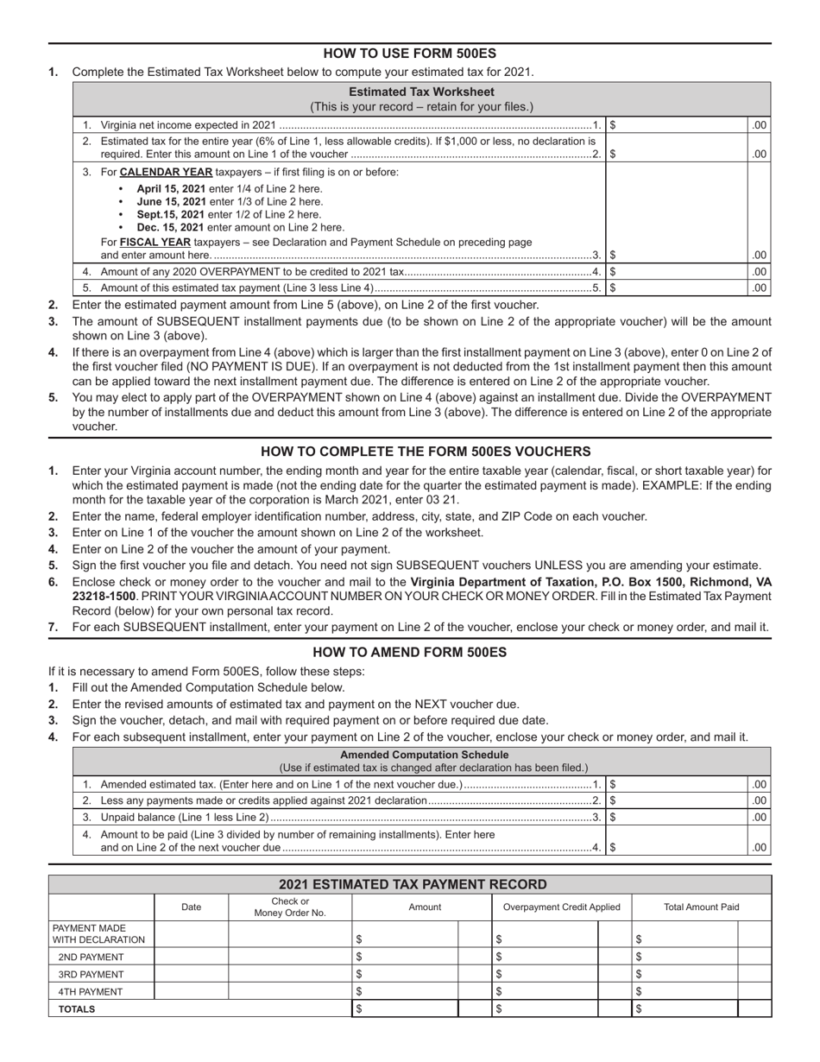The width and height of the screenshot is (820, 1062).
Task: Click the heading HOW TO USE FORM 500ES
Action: coord(409,53)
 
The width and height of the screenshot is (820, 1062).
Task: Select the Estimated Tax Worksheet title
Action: coord(421,92)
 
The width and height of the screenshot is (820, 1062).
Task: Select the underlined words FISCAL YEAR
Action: coord(155,243)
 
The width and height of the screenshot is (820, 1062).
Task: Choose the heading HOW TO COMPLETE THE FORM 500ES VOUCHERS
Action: coord(409,452)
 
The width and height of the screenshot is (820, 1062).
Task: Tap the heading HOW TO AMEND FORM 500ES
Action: coord(409,653)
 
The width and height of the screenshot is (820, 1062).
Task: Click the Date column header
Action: coord(191,907)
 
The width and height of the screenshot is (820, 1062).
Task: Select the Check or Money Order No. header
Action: coord(290,907)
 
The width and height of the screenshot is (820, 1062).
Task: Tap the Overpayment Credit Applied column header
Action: coord(561,907)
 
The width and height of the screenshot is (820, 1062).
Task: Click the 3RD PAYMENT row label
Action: coord(91,974)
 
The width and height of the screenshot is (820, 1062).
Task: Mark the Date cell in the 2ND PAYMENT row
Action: coord(191,957)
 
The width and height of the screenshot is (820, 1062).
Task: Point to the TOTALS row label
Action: coord(77,1008)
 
